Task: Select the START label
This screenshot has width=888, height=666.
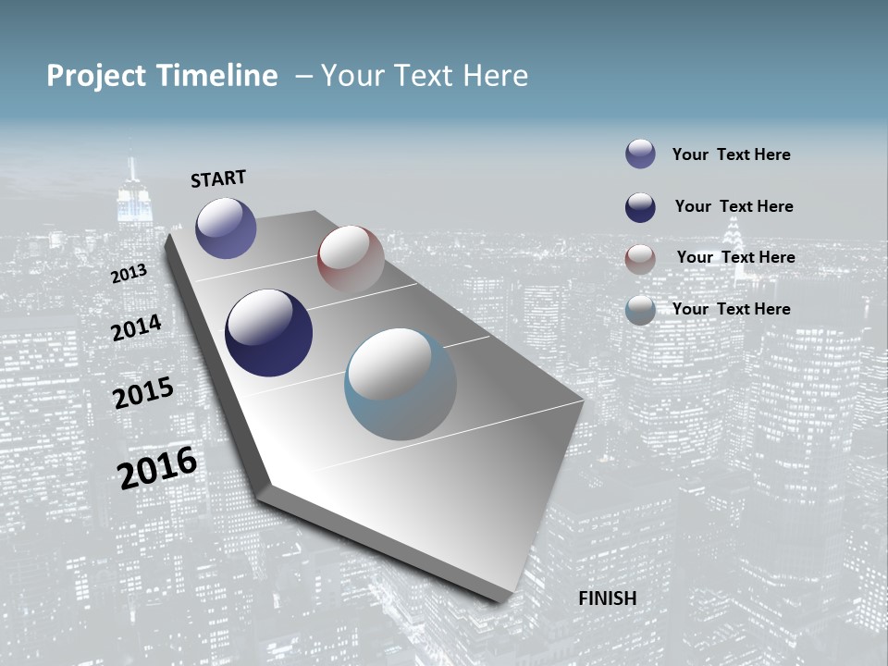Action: coord(218,179)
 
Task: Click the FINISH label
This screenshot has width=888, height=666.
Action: coord(608,598)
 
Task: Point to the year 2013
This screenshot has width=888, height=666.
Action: coord(129,273)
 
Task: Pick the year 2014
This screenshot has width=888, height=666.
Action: coord(137,327)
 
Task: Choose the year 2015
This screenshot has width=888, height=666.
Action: coord(143,392)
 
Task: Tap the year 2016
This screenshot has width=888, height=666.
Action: coord(157,468)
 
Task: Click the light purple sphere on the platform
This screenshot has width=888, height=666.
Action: coord(226,228)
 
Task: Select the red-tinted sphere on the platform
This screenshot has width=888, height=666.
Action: coord(351,258)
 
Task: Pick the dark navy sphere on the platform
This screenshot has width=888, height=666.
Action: coord(269,333)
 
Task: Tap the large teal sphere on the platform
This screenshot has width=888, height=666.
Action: coord(401,384)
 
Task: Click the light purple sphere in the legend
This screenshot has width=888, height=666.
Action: coord(640,154)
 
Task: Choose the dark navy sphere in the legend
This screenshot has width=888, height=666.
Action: coord(640,207)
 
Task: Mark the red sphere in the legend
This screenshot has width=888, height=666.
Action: coord(640,259)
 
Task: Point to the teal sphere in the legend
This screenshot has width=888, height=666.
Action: coord(640,310)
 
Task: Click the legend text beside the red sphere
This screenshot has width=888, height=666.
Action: coord(735,257)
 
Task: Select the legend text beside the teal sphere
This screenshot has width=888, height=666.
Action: coord(731,309)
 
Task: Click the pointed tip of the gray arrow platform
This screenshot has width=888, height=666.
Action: coord(500,598)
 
